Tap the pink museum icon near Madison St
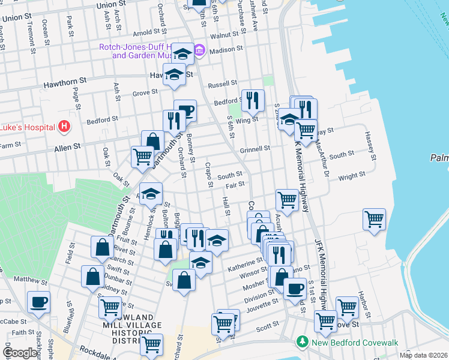click(200, 50)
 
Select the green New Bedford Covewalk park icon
click(303, 342)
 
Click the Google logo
click(20, 353)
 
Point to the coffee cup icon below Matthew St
click(39, 302)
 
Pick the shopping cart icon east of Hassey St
click(375, 219)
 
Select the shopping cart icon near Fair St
click(287, 200)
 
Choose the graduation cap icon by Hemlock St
click(151, 193)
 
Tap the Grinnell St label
click(256, 148)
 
